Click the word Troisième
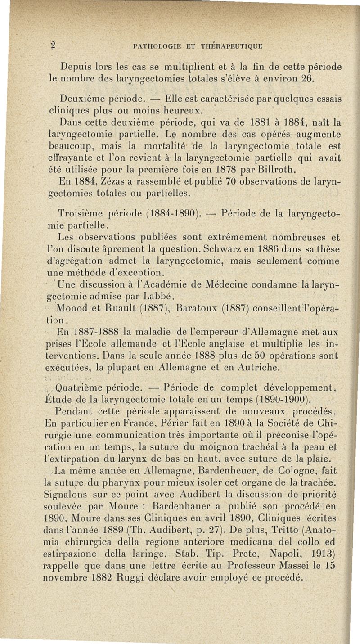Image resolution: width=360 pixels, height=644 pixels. pos(81,212)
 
